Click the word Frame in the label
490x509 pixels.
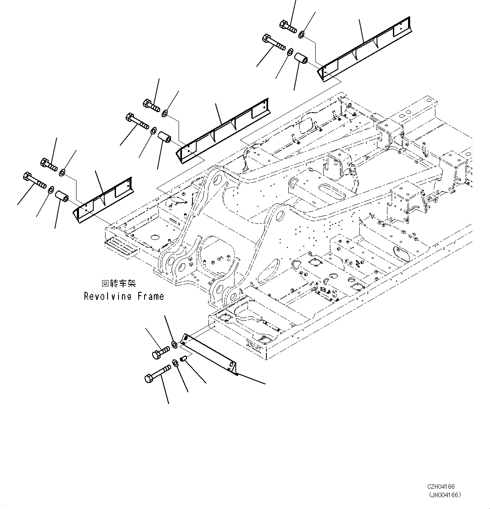(x=150, y=296)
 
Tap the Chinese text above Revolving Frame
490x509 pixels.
(x=119, y=284)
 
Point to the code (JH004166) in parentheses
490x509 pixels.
(x=444, y=495)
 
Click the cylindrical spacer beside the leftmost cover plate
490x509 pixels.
(x=62, y=196)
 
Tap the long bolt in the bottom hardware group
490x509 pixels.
(x=158, y=373)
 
